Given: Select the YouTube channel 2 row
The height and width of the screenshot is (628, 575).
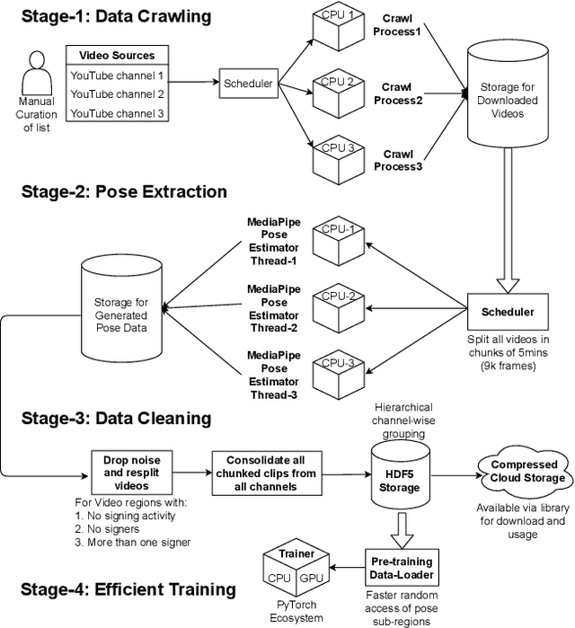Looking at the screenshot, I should coord(117,94).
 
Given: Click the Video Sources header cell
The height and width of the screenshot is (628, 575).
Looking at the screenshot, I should coord(117,56).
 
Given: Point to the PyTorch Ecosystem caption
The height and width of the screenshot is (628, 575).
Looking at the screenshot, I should coord(296,612).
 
